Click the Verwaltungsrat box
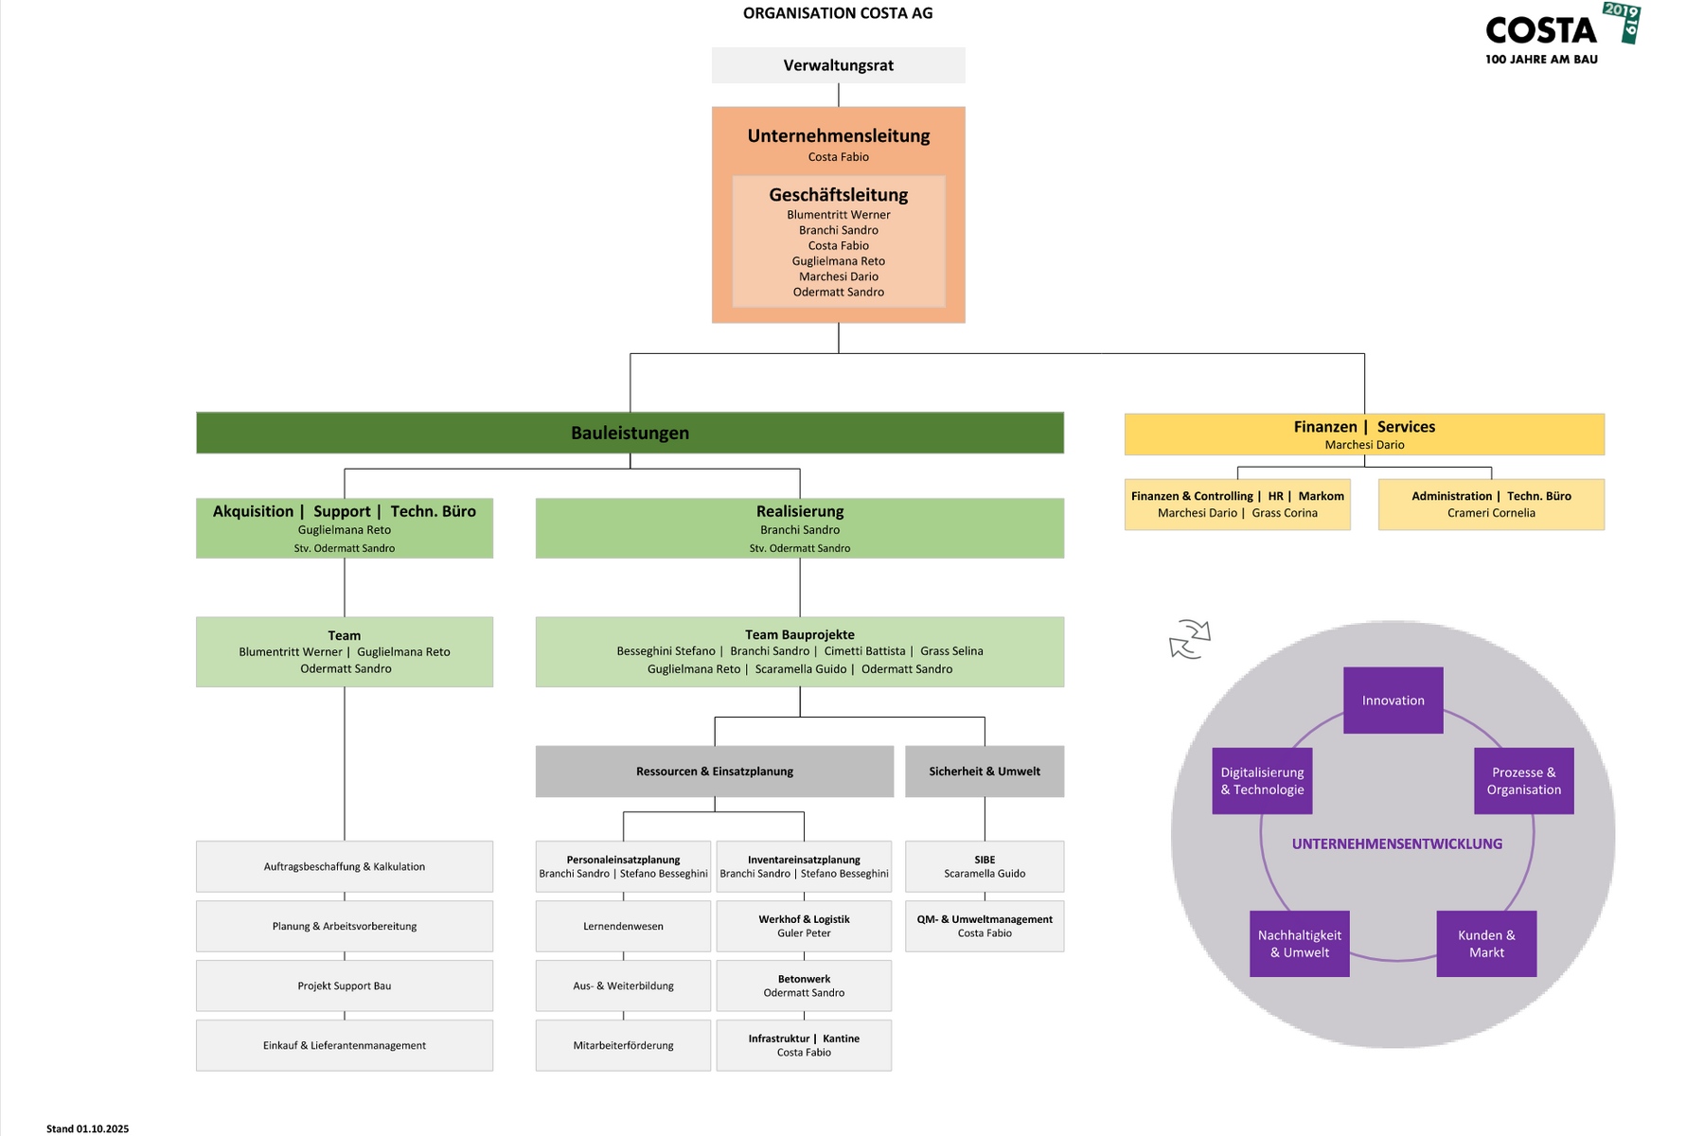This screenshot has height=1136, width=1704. [x=838, y=65]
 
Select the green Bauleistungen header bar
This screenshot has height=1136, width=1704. [x=630, y=433]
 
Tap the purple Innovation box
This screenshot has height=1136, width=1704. [x=1393, y=701]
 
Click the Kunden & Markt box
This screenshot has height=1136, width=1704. [x=1486, y=944]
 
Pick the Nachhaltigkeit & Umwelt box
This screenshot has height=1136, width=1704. [x=1299, y=944]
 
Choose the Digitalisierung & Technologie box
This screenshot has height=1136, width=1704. [x=1262, y=781]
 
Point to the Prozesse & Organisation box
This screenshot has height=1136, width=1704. [x=1523, y=781]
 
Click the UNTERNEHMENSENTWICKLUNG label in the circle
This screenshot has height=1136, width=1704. [x=1396, y=843]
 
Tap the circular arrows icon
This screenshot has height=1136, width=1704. [x=1190, y=639]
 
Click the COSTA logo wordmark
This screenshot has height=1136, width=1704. [x=1541, y=31]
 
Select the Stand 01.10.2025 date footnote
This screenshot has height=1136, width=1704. [x=87, y=1128]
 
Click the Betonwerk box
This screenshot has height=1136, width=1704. [x=804, y=985]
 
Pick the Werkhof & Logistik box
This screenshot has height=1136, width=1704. [x=804, y=926]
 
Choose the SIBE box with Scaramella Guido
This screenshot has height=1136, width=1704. [x=985, y=866]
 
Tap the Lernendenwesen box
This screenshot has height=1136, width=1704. [x=623, y=926]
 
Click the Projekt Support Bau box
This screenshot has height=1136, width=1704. [x=345, y=985]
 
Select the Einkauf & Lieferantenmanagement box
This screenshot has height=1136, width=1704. [x=345, y=1045]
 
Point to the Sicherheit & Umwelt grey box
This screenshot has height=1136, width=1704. [x=985, y=772]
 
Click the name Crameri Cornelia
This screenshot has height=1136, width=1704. [x=1491, y=513]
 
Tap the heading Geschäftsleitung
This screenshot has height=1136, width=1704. [x=838, y=195]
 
